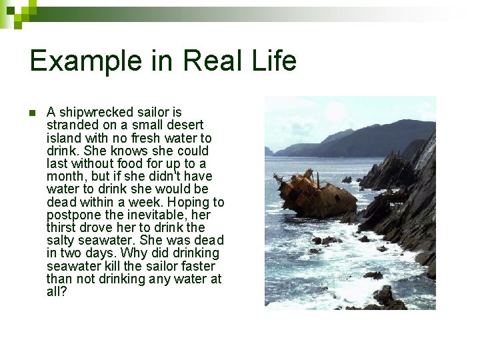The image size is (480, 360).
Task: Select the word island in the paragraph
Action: tap(64, 138)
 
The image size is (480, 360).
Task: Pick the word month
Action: tap(65, 176)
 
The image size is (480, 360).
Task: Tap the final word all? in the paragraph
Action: tap(57, 291)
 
